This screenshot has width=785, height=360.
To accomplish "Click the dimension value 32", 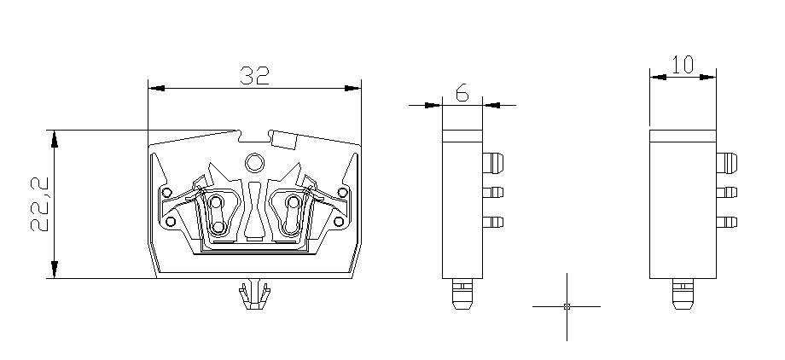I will coord(254,76).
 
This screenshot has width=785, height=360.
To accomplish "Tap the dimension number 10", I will coord(682,66).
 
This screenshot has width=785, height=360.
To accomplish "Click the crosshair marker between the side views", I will coord(567,305).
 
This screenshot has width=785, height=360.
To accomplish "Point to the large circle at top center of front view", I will coord(254,162).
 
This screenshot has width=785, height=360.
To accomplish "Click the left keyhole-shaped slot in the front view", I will coord(217,213).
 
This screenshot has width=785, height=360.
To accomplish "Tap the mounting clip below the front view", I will coord(253,294).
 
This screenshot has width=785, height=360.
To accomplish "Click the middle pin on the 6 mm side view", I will coord(493,192).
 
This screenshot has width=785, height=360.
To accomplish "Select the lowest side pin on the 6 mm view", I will coord(493,223).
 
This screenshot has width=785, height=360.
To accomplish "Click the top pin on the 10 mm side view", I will coord(726,161).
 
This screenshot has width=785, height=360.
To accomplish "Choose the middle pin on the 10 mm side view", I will coord(726,192).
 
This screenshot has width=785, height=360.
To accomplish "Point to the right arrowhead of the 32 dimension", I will coord(353,87).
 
